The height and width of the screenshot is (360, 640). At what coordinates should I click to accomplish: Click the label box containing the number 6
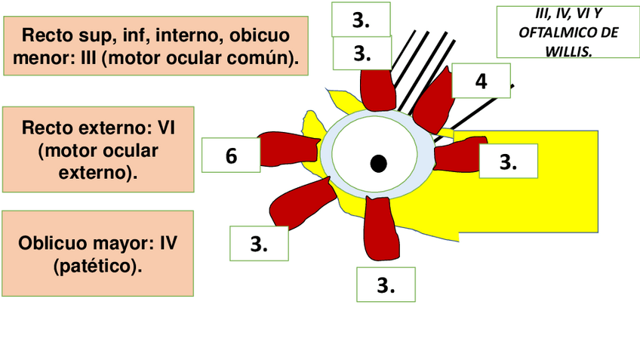[231, 155]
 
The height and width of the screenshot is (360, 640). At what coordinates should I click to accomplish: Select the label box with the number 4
[481, 81]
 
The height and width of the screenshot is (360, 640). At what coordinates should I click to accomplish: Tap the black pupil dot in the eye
[379, 163]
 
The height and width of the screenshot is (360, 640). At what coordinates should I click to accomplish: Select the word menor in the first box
[43, 57]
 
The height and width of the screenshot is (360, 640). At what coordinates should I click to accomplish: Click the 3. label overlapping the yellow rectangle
[508, 162]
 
